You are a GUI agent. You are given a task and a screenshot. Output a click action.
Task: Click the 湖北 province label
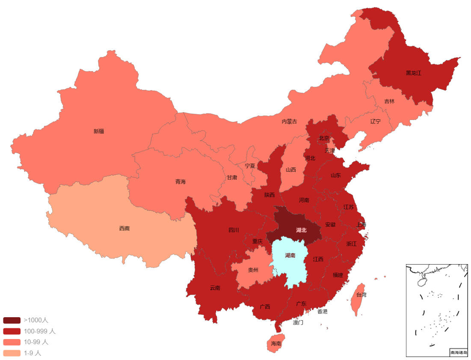tap(301, 230)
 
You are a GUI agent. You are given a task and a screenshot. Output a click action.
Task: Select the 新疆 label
tap(99, 131)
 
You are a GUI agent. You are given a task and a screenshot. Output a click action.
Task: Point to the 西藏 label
tap(124, 229)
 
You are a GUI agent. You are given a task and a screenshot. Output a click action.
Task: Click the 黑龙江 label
tap(413, 73)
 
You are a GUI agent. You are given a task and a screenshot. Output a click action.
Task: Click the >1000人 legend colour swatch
tap(11, 320)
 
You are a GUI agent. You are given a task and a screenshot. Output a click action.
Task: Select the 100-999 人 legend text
tap(39, 331)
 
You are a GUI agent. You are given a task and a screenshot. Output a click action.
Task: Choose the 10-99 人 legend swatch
tap(11, 342)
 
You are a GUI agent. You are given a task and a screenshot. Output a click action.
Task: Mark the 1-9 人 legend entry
tap(33, 353)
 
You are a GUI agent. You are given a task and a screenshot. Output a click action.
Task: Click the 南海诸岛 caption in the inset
tap(458, 352)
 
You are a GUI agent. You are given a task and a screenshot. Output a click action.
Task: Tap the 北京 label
tap(324, 138)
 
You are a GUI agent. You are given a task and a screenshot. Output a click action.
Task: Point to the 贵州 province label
tap(253, 270)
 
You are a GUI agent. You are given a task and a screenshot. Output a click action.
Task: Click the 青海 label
tap(181, 182)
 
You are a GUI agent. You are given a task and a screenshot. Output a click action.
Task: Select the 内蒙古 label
tap(289, 122)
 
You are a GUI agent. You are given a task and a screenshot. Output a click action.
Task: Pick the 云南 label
tap(215, 288)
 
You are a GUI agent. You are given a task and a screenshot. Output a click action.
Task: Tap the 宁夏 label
tap(250, 166)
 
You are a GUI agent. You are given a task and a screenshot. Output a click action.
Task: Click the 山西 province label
tap(290, 170)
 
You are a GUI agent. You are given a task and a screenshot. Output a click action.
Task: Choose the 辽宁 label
tap(375, 122)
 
